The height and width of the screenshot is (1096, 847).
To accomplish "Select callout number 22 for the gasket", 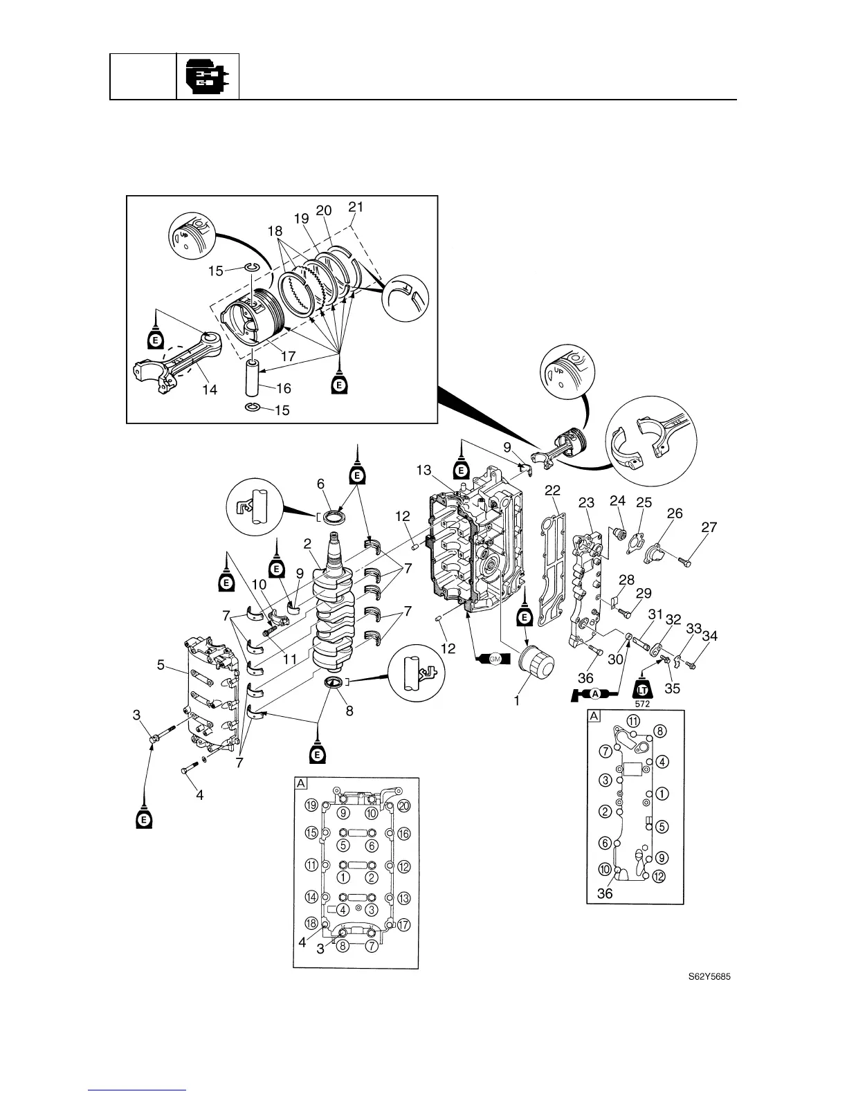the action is coord(552,490).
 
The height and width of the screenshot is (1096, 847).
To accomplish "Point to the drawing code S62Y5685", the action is coord(710,977).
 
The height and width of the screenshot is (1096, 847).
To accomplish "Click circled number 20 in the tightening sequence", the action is coord(404,805).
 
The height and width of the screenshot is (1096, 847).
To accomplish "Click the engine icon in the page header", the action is coord(208,76).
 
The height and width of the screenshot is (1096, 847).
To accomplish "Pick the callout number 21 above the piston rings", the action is coord(356,207).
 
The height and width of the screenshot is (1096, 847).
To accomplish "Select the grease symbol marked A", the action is coord(594,694).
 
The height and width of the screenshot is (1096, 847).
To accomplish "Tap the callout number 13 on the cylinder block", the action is coord(423,471).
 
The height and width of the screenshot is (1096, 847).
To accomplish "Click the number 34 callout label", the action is coord(709,636).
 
